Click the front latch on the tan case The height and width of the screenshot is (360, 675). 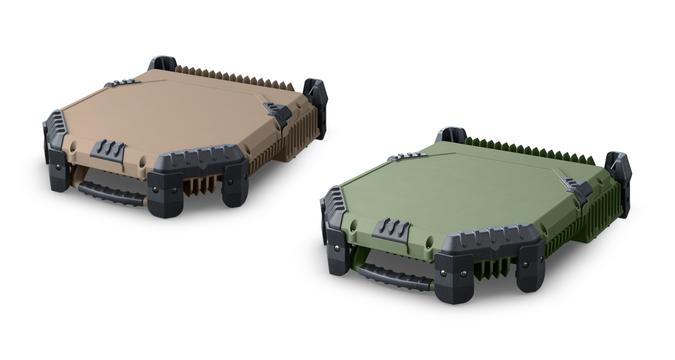(x=108, y=150)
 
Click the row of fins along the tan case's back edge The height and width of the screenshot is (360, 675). (x=234, y=76)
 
